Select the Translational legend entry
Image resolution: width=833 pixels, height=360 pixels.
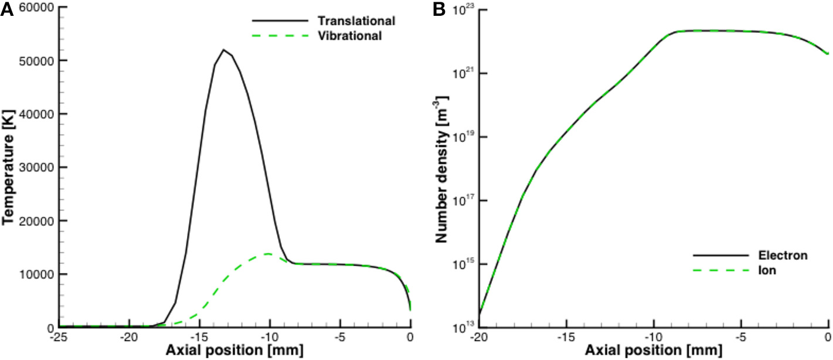(x=356, y=21)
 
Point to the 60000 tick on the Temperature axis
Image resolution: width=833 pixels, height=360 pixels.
(x=38, y=8)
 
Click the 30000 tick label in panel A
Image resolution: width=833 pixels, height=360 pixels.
(x=38, y=168)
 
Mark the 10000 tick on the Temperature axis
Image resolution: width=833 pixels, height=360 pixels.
(x=38, y=274)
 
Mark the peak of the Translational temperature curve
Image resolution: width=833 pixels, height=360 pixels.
(x=223, y=50)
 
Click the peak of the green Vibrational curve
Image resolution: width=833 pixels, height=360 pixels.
(x=268, y=254)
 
